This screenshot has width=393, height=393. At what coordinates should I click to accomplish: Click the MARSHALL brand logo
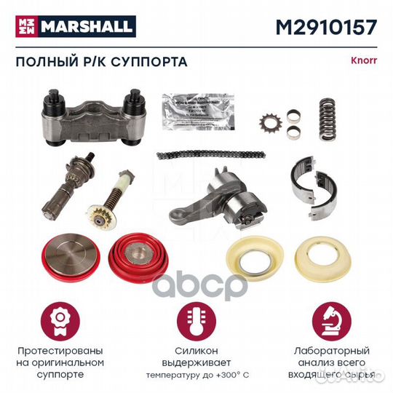[71, 27]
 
